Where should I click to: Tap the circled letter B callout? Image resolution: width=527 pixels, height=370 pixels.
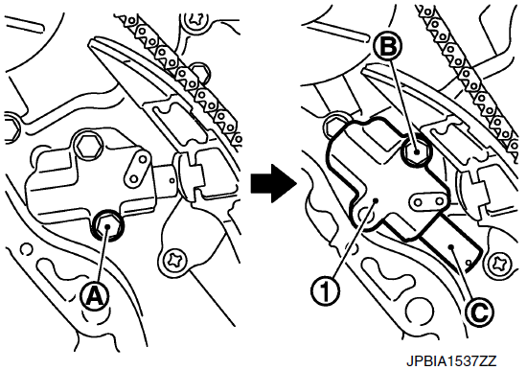[x=388, y=47]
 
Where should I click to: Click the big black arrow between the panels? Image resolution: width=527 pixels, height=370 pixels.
[x=273, y=183]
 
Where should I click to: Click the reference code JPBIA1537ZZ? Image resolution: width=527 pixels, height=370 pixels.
[x=451, y=361]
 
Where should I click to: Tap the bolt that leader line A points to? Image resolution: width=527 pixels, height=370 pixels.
[x=108, y=227]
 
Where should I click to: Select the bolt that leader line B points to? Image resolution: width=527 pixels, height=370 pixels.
[x=417, y=151]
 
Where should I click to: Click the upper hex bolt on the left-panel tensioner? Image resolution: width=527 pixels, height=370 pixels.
[x=88, y=146]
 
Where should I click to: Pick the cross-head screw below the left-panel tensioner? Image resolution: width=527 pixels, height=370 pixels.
[x=174, y=260]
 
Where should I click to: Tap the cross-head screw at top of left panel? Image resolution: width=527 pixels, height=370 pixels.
[x=195, y=18]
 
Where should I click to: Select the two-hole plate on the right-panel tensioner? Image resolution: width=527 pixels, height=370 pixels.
[x=428, y=202]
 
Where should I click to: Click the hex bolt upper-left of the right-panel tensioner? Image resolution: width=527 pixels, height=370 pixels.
[x=334, y=126]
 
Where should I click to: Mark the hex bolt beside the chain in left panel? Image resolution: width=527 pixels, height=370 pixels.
[x=199, y=72]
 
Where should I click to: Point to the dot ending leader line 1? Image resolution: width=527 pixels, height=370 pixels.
[x=377, y=200]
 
